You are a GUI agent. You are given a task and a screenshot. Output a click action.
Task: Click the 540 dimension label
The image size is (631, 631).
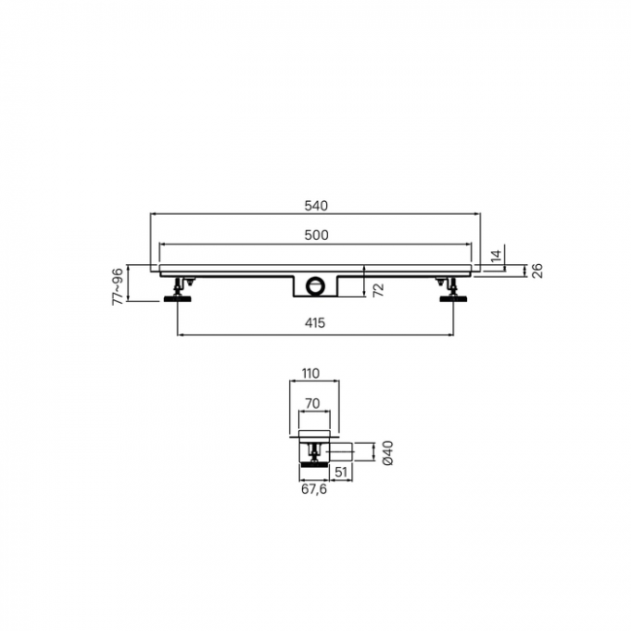(315, 206)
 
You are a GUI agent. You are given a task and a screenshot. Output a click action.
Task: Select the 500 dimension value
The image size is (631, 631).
(316, 235)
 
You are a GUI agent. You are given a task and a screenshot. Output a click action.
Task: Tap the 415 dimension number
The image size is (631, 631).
(315, 322)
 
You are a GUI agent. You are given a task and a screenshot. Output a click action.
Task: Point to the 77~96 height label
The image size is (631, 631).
(117, 286)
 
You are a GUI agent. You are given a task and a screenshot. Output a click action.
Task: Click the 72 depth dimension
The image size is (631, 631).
(379, 290)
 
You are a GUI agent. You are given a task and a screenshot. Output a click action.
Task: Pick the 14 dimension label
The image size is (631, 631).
(497, 256)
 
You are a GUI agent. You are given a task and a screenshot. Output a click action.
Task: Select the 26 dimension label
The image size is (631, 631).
(537, 271)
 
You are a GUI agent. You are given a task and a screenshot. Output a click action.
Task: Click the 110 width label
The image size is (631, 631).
(311, 374)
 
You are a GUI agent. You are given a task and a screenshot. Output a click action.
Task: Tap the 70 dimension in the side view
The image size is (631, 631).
(313, 403)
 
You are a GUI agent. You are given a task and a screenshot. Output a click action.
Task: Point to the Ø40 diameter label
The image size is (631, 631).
(388, 452)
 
